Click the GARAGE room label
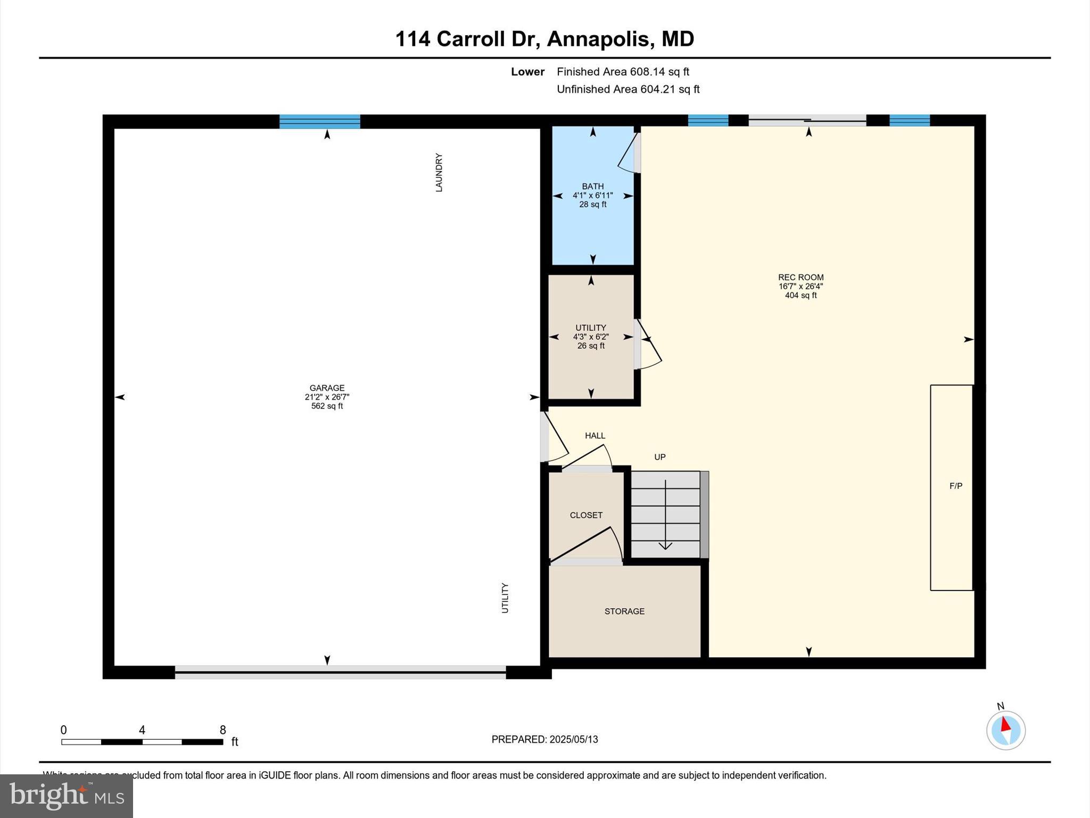click(x=327, y=388)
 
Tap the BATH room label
click(x=592, y=186)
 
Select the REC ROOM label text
click(x=800, y=277)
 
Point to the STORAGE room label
click(x=624, y=611)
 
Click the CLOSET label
click(x=586, y=515)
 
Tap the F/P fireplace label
click(x=956, y=486)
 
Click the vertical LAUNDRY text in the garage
click(x=439, y=173)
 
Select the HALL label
click(x=595, y=436)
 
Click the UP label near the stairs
click(x=660, y=457)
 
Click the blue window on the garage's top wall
click(x=320, y=121)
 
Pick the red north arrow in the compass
click(x=1005, y=725)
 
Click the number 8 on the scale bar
click(x=222, y=730)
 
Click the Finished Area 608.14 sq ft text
click(x=623, y=72)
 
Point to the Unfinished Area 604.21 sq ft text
click(x=628, y=89)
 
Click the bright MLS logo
click(x=67, y=796)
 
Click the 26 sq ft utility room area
click(x=591, y=346)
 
